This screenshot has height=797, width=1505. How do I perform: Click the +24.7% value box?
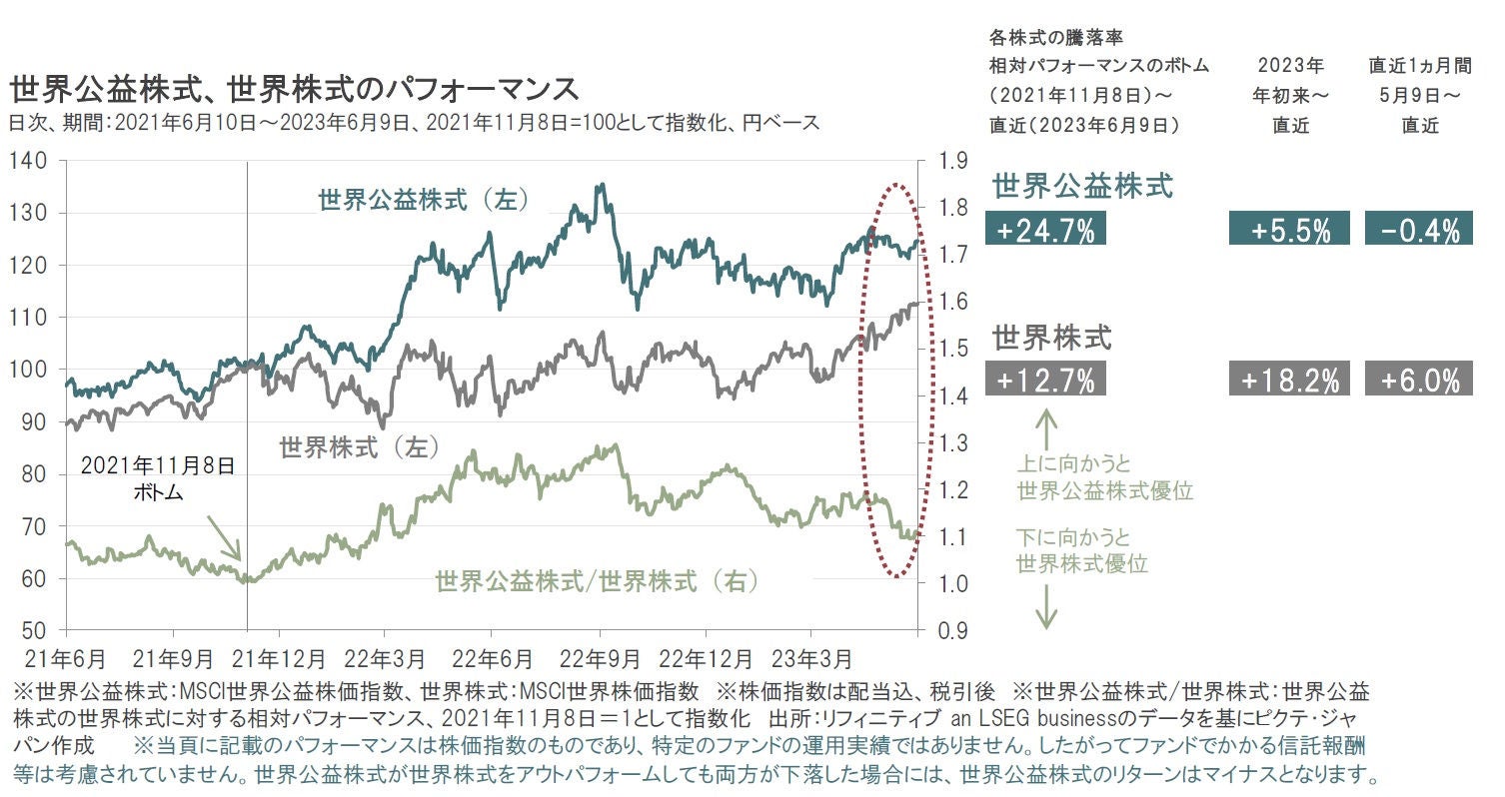click(x=1045, y=229)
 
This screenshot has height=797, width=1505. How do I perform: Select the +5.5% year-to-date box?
click(x=1289, y=229)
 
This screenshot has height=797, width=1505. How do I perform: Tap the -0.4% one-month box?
click(x=1419, y=229)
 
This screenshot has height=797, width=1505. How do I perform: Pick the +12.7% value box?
click(x=1045, y=380)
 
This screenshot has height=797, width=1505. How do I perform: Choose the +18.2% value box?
click(x=1289, y=380)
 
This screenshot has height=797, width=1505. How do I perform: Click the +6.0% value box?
click(x=1419, y=380)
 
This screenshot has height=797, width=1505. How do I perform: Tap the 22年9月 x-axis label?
click(x=601, y=660)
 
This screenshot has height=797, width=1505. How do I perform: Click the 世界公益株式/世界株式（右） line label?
click(x=597, y=581)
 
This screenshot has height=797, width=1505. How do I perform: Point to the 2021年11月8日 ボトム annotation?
click(x=157, y=478)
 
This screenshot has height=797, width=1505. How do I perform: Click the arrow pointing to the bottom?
click(x=224, y=538)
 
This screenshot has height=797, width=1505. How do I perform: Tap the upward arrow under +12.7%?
click(x=1045, y=429)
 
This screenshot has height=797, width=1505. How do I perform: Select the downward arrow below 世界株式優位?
click(x=1045, y=606)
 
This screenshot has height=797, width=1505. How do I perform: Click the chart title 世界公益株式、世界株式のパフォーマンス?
click(x=295, y=89)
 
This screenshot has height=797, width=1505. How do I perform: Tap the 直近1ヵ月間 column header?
click(x=1419, y=67)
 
